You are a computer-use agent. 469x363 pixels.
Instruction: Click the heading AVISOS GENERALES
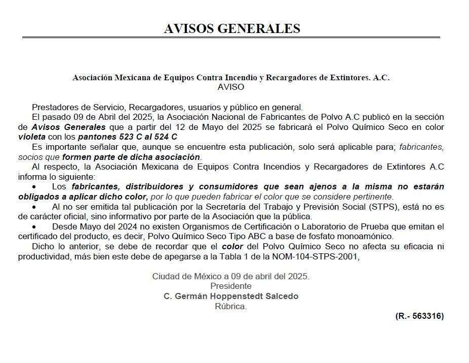[x=232, y=28]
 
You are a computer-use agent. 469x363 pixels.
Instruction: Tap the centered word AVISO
[x=230, y=87]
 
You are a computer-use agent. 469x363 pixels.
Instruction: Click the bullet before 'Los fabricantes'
[x=34, y=187]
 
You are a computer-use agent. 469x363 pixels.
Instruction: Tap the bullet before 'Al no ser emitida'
[x=34, y=207]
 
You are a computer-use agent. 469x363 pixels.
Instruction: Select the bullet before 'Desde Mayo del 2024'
[x=34, y=226]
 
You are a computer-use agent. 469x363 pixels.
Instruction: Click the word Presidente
[x=230, y=286]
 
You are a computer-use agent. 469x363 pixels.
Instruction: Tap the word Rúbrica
[x=230, y=306]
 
